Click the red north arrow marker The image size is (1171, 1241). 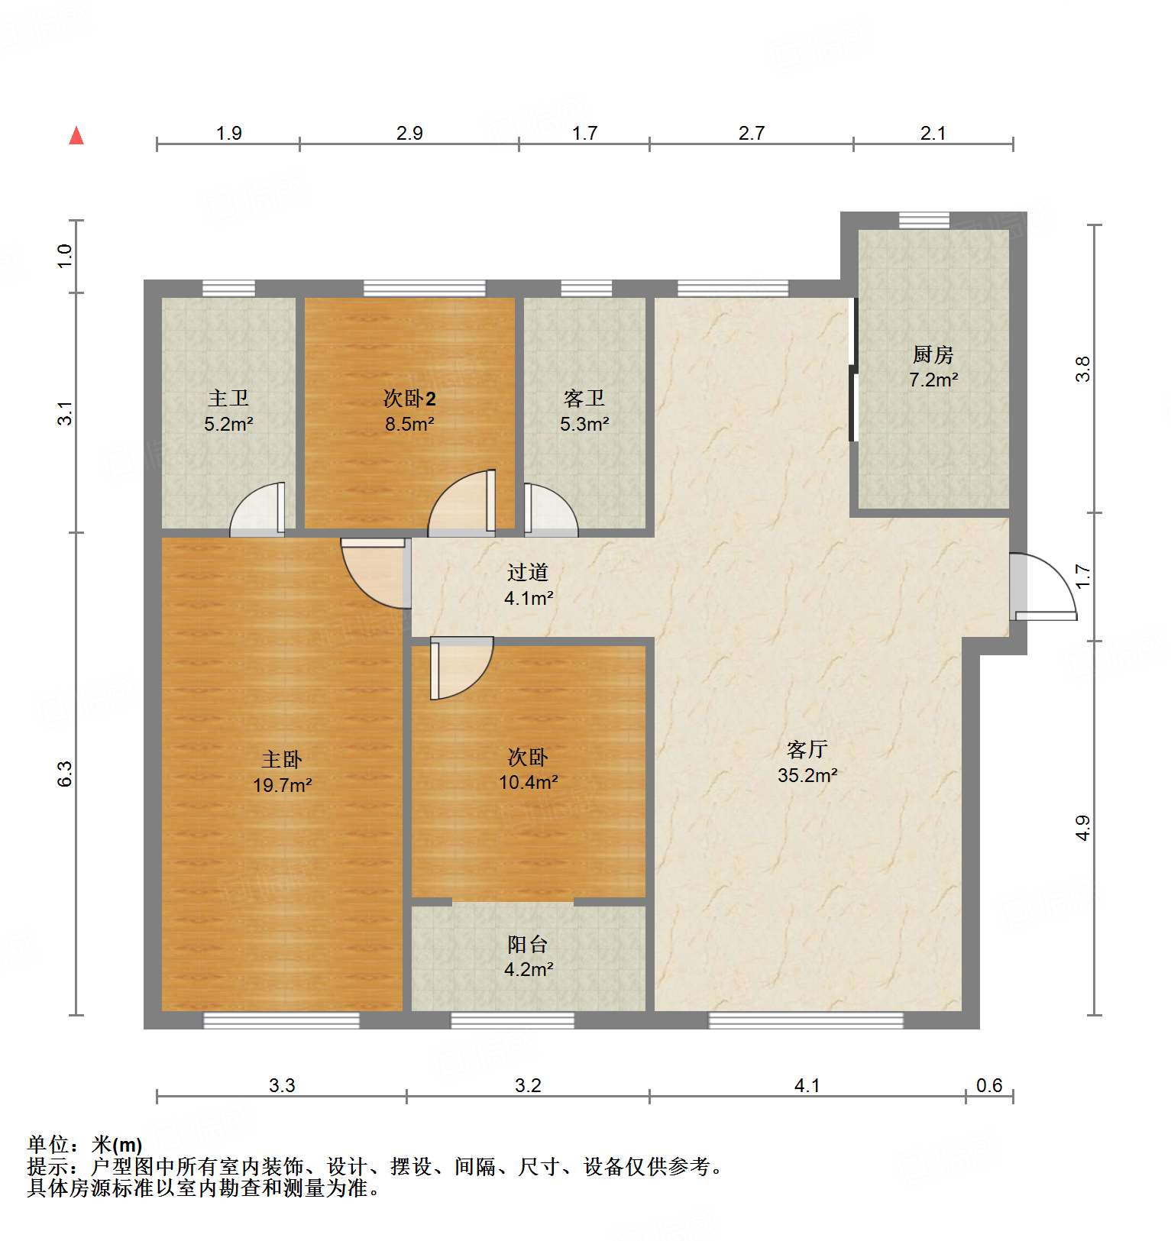click(76, 136)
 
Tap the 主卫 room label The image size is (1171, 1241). click(228, 398)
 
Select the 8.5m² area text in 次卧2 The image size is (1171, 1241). click(409, 425)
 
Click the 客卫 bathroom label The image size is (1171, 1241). click(584, 398)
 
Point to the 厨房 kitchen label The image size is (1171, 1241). click(933, 354)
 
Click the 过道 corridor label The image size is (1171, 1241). click(528, 572)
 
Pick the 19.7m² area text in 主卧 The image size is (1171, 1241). click(282, 785)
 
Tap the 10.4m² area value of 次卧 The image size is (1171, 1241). click(528, 783)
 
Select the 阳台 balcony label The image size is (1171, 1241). click(528, 945)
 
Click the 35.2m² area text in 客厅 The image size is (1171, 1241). click(807, 776)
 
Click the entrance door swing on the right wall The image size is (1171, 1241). click(1043, 587)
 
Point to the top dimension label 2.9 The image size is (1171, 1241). click(409, 134)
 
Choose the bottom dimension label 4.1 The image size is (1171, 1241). click(807, 1085)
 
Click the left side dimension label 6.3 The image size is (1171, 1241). click(66, 773)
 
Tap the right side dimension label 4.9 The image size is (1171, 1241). click(1082, 828)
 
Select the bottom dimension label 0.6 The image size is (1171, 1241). click(989, 1085)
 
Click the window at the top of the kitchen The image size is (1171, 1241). click(924, 221)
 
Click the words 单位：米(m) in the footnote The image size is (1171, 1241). click(85, 1144)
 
